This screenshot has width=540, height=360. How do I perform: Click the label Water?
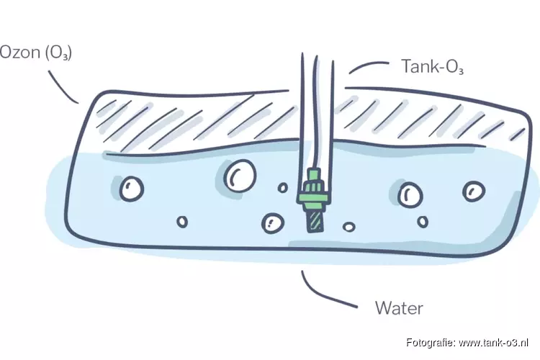pos(399,309)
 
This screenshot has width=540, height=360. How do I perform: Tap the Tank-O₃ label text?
pos(431,67)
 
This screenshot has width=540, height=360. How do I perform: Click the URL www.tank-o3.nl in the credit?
pos(494,341)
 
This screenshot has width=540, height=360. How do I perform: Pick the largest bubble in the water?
pos(238,174)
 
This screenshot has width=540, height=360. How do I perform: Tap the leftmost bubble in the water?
pos(132,189)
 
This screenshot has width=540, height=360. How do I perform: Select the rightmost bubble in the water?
pos(474,191)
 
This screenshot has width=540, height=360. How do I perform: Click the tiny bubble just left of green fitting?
pos(284,188)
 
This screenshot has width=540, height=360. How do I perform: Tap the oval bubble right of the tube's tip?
pos(348,227)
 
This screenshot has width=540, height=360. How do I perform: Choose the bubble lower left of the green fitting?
pos(272,222)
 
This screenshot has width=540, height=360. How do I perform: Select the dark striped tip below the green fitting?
pos(315,220)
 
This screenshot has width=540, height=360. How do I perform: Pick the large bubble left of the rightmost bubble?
pos(410,194)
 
